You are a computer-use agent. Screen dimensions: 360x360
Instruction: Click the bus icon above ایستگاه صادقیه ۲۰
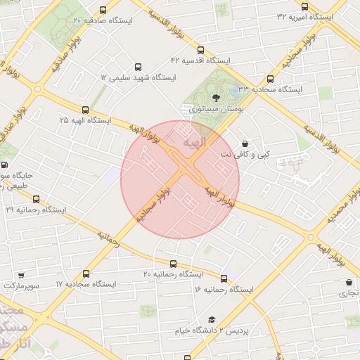click(x=104, y=11)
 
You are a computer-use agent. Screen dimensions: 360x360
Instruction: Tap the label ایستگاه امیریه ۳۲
click(x=306, y=16)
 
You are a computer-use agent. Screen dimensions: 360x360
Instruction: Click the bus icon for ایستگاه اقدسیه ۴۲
click(x=200, y=51)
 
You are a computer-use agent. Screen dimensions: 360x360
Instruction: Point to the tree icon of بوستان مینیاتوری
click(x=215, y=98)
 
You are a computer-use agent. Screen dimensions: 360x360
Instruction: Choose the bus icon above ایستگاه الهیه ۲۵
click(x=86, y=110)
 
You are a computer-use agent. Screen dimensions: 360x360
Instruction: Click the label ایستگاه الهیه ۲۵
click(x=86, y=120)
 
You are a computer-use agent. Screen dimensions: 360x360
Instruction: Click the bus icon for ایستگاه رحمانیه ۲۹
click(x=37, y=199)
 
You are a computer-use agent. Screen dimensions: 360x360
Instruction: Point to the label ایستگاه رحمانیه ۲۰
click(x=173, y=274)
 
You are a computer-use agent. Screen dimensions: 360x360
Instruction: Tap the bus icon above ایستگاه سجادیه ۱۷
click(x=86, y=274)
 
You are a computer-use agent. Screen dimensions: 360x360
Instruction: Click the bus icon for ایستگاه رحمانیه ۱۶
click(x=224, y=278)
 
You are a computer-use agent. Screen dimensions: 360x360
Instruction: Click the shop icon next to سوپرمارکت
click(x=22, y=276)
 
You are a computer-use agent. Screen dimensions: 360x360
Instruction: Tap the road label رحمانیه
click(x=109, y=238)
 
